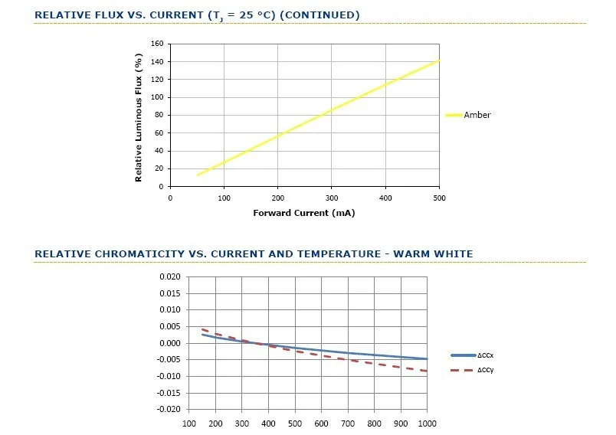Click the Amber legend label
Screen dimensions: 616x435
coord(477,115)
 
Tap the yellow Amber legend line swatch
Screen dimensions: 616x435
coord(454,115)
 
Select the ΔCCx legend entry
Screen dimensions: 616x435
coord(472,355)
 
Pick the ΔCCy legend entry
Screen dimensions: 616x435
coord(472,370)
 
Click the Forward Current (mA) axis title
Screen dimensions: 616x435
coord(304,213)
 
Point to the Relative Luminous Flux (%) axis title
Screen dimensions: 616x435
coord(138,118)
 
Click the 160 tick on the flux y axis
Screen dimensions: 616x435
coord(157,44)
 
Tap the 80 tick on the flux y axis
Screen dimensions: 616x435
coord(159,115)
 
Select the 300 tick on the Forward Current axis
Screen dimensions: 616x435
coord(332,198)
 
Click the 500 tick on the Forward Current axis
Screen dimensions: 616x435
coord(439,198)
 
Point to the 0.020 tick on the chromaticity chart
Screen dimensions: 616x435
coord(170,276)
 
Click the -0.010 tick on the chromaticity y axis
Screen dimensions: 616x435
coord(169,376)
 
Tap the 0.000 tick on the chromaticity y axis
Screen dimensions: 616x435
coord(170,343)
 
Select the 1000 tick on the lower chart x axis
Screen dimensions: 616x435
coord(427,424)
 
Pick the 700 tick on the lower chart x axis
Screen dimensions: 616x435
coord(348,424)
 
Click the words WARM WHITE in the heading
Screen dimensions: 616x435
coord(433,254)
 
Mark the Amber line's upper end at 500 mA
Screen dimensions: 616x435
coord(439,61)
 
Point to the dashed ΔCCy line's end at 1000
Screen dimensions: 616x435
coord(427,371)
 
